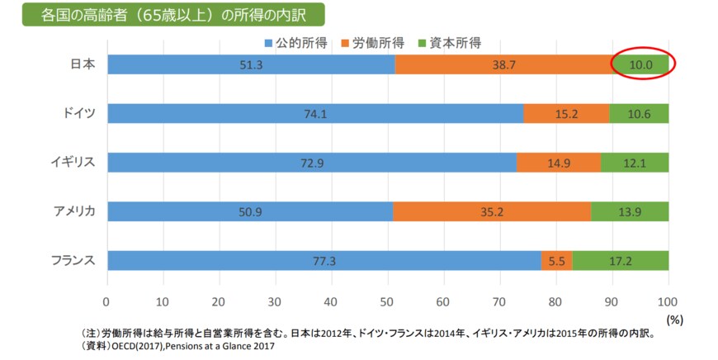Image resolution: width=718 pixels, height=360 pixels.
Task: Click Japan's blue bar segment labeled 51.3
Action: [x=251, y=64]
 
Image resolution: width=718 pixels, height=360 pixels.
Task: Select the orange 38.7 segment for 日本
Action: [x=503, y=64]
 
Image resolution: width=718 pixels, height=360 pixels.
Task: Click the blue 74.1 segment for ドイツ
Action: [x=314, y=113]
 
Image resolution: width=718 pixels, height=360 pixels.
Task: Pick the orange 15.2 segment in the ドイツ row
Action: [x=566, y=113]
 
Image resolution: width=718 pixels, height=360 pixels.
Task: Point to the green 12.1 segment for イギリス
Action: [x=635, y=162]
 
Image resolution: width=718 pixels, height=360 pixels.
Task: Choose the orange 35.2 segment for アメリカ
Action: [x=492, y=211]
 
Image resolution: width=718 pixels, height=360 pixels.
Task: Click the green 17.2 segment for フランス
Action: [x=621, y=260]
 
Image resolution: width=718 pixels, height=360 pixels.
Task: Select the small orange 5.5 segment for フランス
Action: [x=557, y=260]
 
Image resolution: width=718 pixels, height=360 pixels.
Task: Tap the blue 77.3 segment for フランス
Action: [x=324, y=260]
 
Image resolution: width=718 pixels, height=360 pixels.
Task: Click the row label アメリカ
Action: [x=72, y=211]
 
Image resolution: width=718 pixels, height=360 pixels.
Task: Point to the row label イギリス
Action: [x=72, y=162]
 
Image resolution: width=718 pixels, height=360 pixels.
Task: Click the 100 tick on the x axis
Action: [x=668, y=301]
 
